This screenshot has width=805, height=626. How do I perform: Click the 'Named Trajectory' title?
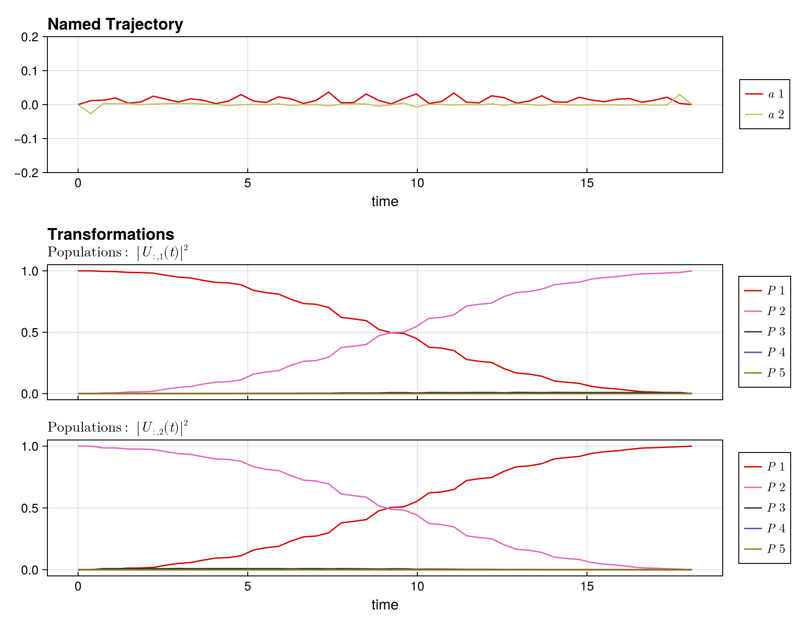115,24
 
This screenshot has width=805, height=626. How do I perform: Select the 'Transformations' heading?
110,234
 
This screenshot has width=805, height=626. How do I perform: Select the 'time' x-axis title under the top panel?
385,202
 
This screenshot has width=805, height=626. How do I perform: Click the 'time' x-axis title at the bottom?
385,605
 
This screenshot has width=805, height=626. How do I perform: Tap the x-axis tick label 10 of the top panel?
417,183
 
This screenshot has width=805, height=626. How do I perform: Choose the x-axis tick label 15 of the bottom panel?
586,587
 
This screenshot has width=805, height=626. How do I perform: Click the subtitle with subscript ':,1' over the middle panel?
118,253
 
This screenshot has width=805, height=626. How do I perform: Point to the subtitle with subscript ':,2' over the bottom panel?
118,428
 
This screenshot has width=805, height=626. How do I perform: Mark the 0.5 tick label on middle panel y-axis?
34,333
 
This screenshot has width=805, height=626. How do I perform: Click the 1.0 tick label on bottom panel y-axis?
34,447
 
